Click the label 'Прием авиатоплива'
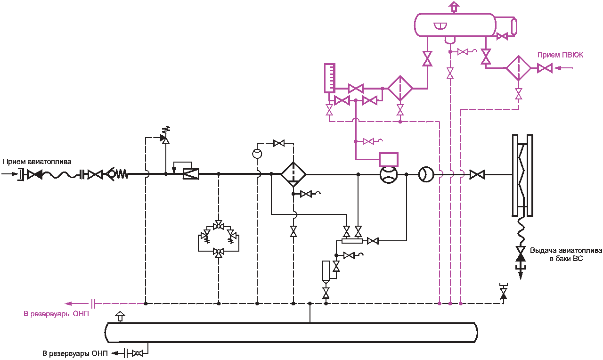tap(37, 162)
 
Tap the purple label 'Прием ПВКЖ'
tap(560, 55)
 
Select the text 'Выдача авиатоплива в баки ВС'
tap(566, 254)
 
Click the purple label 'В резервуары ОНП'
tap(56, 314)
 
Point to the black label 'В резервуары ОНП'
tap(75, 353)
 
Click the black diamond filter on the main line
tap(293, 174)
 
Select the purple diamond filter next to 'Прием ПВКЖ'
tap(519, 68)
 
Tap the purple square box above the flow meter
tap(389, 159)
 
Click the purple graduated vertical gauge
tap(329, 78)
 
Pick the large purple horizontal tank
tap(455, 25)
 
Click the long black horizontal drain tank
tap(291, 333)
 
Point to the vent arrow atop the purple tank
tap(454, 7)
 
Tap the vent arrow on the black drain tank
tap(120, 317)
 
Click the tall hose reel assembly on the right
tap(522, 175)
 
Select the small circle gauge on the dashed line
tap(257, 154)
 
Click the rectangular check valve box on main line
tap(191, 174)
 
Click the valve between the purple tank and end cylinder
tap(502, 36)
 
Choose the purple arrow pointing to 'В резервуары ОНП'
tap(78, 303)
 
